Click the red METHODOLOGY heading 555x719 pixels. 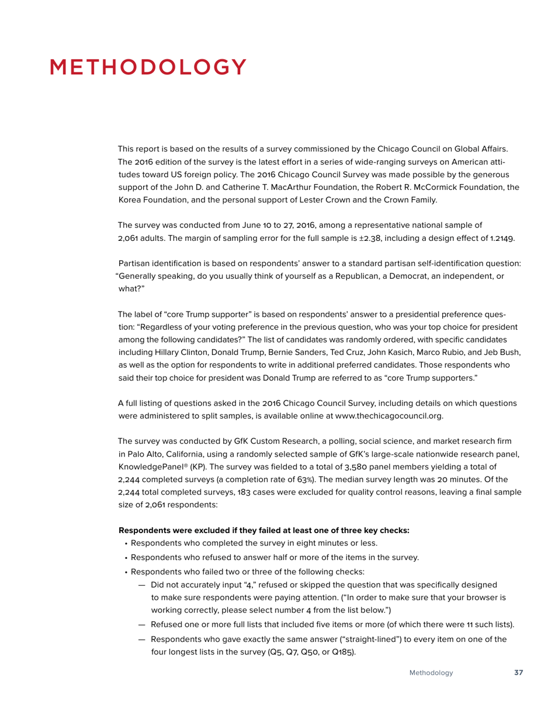(148, 67)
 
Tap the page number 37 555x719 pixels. (518, 673)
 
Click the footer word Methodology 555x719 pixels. (431, 673)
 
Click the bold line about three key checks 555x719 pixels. (263, 530)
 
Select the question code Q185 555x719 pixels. (345, 651)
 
